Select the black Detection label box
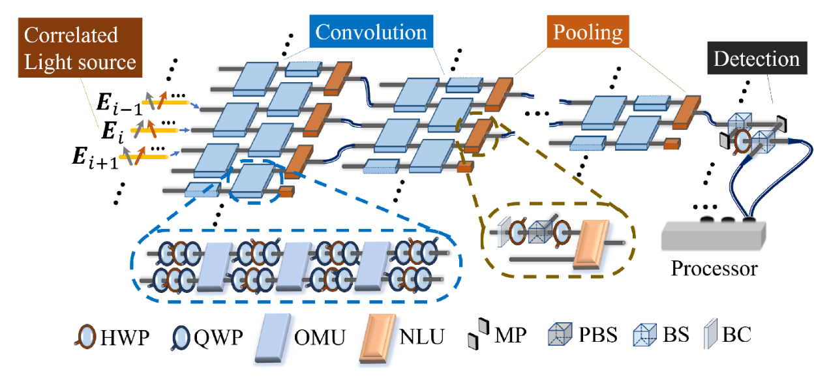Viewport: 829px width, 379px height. point(757,59)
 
